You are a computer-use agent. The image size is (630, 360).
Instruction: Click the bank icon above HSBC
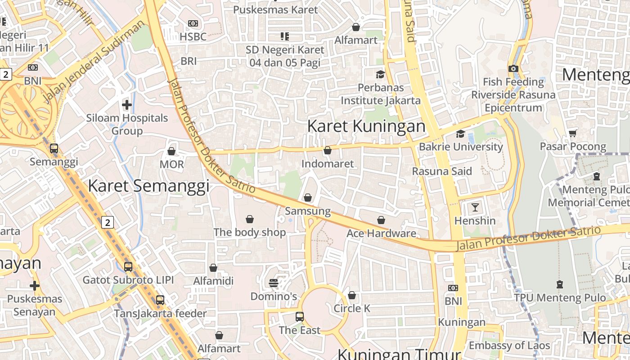(193, 23)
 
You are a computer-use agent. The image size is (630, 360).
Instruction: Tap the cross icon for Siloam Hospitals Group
(127, 105)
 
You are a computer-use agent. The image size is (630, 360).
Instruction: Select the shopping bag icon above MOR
(171, 151)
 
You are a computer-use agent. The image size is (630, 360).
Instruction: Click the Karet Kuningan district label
(366, 126)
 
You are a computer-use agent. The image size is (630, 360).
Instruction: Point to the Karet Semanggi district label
(148, 186)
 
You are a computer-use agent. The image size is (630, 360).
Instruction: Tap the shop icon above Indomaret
(328, 150)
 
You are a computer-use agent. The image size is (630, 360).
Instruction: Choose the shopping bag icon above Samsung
(308, 198)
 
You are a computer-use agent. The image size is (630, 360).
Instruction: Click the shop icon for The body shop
(250, 219)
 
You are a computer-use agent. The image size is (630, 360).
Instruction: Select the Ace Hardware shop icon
(381, 220)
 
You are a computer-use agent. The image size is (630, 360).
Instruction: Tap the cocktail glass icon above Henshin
(475, 207)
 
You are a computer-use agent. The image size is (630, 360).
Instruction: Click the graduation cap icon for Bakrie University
(460, 134)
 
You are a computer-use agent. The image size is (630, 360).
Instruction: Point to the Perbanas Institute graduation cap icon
(381, 74)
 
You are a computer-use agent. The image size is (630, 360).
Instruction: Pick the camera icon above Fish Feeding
(513, 69)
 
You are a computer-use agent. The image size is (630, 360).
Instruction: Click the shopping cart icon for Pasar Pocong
(573, 133)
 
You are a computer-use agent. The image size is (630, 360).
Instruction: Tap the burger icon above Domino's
(274, 283)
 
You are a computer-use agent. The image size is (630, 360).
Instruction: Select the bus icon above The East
(300, 317)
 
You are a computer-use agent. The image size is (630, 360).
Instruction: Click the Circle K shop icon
(352, 295)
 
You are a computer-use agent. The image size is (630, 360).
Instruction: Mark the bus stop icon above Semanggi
(54, 148)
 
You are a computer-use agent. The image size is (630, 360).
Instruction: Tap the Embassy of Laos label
(509, 346)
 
